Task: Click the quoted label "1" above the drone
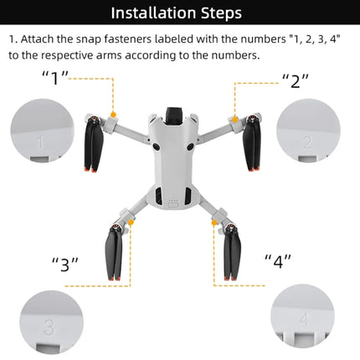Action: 55,77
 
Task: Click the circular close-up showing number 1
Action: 41,131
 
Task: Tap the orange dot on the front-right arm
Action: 234,116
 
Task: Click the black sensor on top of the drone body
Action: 175,112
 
